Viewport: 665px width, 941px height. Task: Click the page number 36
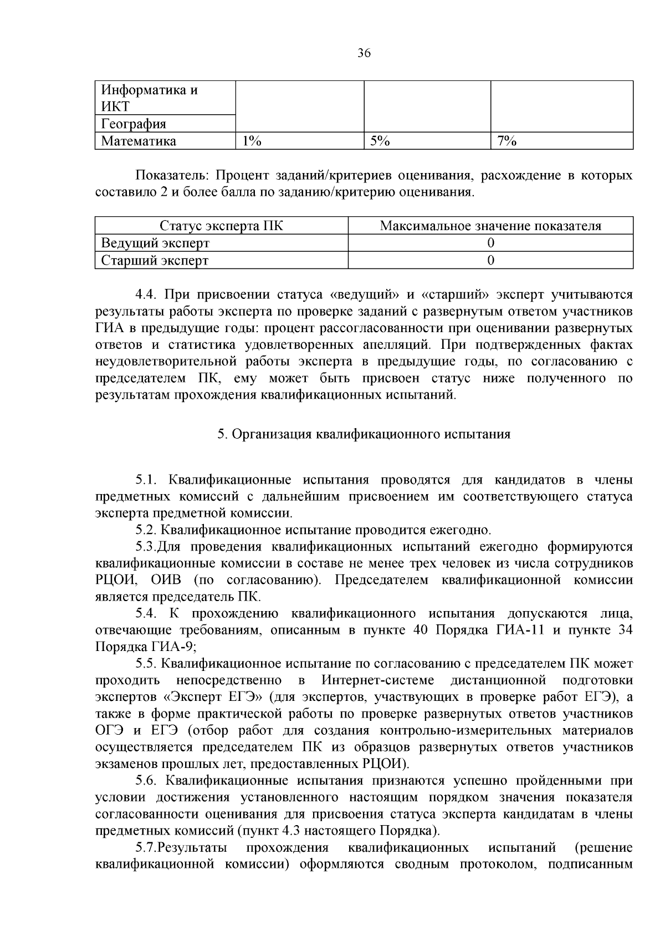(364, 53)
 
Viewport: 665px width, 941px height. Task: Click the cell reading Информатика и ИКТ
(150, 98)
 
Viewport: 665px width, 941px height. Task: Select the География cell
(134, 124)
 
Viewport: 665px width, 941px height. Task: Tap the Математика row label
(139, 141)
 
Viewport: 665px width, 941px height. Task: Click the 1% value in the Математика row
(252, 141)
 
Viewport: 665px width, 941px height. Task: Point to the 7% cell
(507, 141)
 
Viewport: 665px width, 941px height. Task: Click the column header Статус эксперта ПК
(221, 226)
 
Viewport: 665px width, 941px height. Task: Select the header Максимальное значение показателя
(490, 226)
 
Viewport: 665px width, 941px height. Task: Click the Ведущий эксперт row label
(155, 243)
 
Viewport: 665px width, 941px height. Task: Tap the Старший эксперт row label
(155, 260)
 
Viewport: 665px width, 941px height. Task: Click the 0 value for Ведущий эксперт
(490, 243)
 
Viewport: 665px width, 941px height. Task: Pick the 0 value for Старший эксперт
(490, 260)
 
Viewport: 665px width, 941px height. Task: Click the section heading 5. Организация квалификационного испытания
(364, 434)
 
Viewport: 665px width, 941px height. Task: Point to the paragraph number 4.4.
(147, 294)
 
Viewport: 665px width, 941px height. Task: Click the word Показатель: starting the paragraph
(172, 176)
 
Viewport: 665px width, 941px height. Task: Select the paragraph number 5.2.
(147, 530)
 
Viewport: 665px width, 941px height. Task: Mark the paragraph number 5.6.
(147, 780)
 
